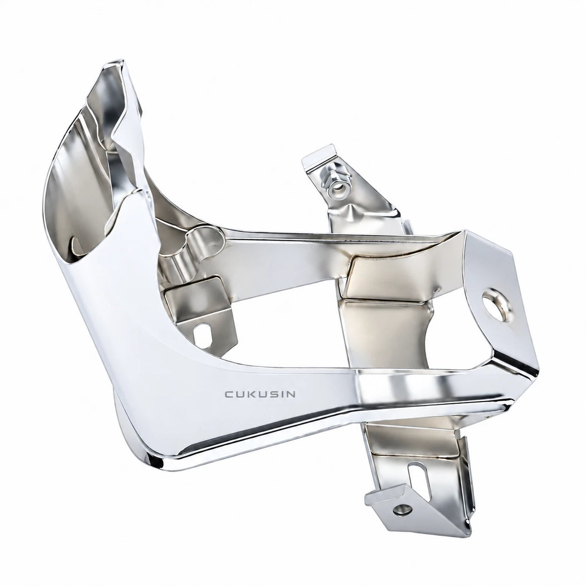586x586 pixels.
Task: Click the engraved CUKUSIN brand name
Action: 260,394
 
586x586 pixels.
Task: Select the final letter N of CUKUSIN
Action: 291,394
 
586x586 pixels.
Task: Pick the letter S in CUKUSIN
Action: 272,394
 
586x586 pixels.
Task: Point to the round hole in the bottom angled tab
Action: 403,508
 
